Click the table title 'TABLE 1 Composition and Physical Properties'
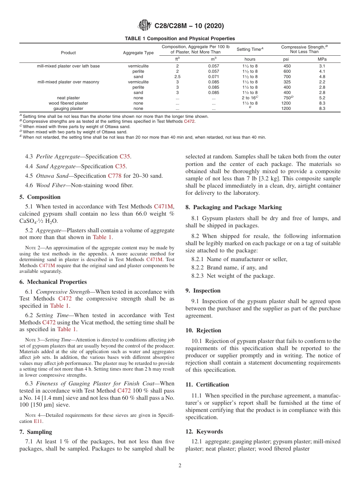tap(180, 39)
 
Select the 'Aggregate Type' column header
tap(138, 53)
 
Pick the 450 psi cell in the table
tap(287, 66)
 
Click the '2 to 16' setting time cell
tap(249, 98)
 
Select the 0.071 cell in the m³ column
tap(213, 77)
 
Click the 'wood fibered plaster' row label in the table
tap(68, 103)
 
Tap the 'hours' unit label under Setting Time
tap(250, 59)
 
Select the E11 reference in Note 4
tap(38, 421)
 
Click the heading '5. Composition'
tap(40, 197)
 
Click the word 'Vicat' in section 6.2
tap(99, 322)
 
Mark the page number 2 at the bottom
tap(180, 466)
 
